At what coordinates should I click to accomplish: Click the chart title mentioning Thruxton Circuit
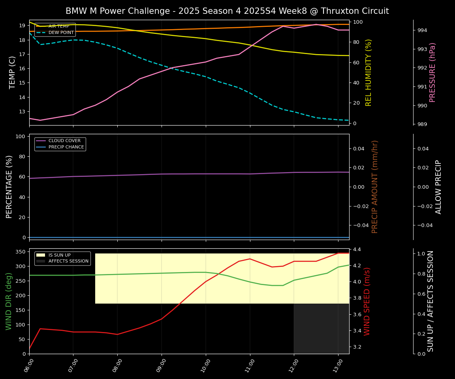coord(227,11)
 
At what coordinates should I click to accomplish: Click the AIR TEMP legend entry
coord(58,26)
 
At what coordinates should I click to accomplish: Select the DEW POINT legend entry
coord(58,32)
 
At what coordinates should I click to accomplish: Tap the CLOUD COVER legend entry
coord(64,141)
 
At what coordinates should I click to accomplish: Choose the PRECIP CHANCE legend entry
coord(66,147)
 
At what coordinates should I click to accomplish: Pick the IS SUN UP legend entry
coord(59,255)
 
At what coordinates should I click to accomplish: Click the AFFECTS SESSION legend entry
coord(68,261)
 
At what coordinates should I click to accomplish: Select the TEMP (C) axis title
coord(13,72)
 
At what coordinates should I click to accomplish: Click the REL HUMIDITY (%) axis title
coord(369,72)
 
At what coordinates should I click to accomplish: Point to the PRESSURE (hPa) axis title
coord(433,72)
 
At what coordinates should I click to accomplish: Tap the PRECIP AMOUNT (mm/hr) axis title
coord(375,187)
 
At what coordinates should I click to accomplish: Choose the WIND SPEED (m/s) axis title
coord(367,301)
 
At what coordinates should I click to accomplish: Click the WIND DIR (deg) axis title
coord(9,301)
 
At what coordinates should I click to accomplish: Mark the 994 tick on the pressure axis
coord(422,30)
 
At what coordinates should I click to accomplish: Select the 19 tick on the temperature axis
coord(23,26)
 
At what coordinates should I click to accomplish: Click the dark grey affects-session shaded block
coord(321,328)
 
